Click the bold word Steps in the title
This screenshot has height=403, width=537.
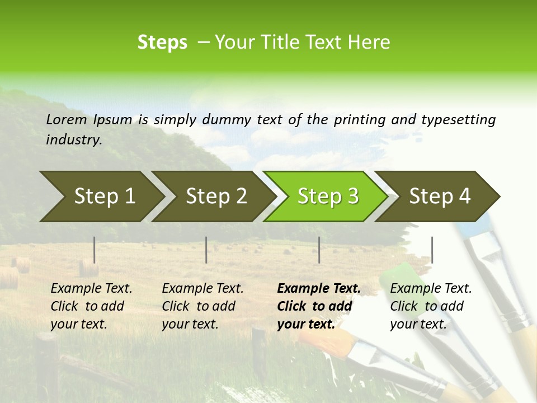pos(162,43)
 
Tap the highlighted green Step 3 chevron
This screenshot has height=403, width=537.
pos(328,196)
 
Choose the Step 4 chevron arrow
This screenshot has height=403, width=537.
pos(440,196)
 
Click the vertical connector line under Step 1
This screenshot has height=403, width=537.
pos(94,250)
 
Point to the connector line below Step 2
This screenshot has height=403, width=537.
pos(206,250)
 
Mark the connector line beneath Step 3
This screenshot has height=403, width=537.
pos(319,250)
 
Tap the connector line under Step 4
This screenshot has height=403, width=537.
pos(432,250)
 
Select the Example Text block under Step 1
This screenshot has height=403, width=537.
pos(91,306)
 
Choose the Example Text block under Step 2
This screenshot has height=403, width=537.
pos(202,306)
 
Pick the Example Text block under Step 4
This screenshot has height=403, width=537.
pos(430,306)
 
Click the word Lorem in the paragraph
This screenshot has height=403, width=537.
pos(67,119)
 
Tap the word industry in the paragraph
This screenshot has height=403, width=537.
pos(73,139)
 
